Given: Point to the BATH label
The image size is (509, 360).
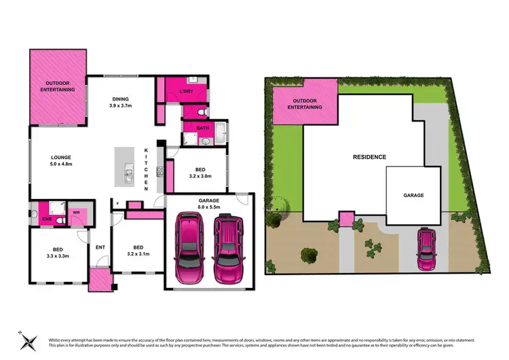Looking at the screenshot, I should [202, 128].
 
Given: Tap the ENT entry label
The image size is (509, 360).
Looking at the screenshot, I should [100, 247].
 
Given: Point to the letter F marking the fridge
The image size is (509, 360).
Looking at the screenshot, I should [117, 204].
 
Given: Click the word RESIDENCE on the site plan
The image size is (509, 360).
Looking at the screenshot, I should [369, 157].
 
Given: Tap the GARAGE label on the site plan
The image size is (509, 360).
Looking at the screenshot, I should [413, 195].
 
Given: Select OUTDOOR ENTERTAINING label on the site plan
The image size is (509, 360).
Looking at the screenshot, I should [305, 103].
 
